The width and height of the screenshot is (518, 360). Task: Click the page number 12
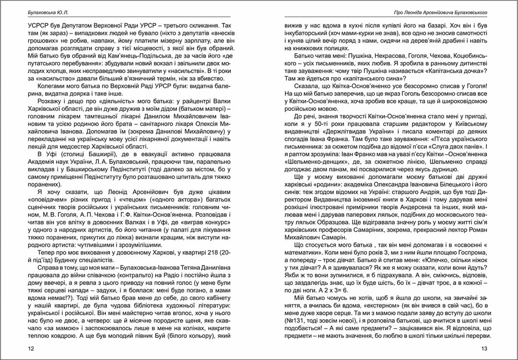click(x=32, y=348)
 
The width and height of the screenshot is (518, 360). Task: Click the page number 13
click(x=484, y=348)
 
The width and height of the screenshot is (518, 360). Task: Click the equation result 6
click(x=351, y=290)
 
